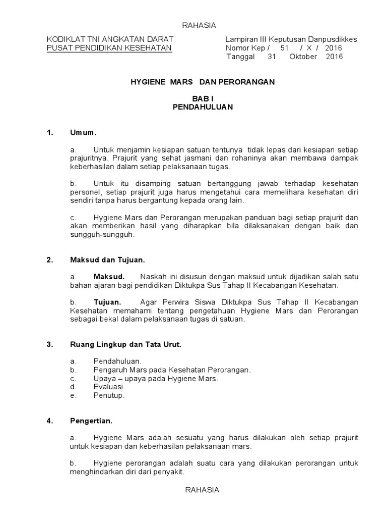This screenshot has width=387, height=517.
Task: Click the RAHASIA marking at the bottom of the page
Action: click(x=202, y=490)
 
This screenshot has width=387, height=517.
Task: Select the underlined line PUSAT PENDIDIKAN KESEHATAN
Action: click(x=109, y=48)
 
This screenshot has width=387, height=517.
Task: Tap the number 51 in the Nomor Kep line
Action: click(x=285, y=48)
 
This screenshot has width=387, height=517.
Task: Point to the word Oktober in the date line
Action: click(x=303, y=57)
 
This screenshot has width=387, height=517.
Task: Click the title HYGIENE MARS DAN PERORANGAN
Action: click(x=200, y=82)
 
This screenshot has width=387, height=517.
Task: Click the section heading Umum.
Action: click(x=83, y=133)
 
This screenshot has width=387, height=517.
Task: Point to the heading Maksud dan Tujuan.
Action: click(x=107, y=260)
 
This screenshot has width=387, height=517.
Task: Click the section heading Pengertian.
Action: click(x=91, y=420)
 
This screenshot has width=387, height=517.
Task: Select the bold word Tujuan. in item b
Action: click(x=107, y=302)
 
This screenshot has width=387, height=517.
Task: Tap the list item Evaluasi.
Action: click(x=109, y=387)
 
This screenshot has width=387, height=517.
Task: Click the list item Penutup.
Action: click(x=109, y=395)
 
